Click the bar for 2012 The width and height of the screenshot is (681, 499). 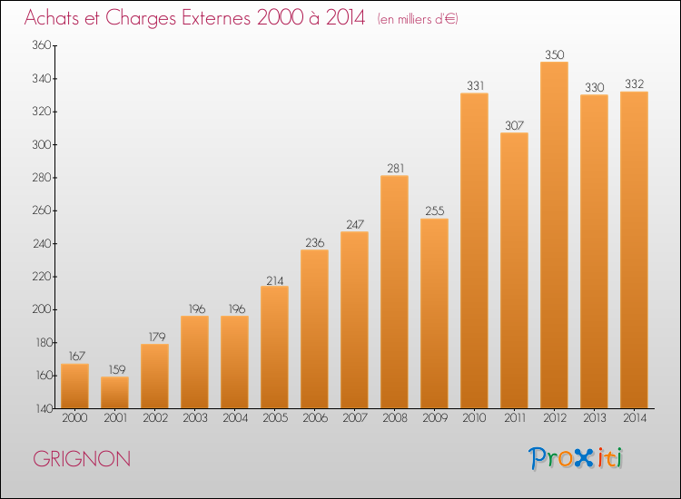(554, 235)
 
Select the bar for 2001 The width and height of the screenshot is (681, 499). (114, 392)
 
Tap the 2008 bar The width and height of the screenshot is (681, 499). (394, 291)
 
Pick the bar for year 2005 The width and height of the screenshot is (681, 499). (274, 347)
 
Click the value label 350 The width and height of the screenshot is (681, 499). (555, 54)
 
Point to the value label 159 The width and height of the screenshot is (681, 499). (117, 369)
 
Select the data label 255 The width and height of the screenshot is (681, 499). (435, 210)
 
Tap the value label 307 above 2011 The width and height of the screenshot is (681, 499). (515, 125)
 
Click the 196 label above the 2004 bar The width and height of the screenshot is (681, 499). (237, 309)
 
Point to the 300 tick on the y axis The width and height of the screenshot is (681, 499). (42, 144)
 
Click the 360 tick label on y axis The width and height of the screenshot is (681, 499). (42, 45)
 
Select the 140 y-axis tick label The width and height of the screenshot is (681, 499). (44, 409)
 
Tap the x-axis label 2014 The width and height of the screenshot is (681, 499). (635, 418)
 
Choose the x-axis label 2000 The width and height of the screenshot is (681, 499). (74, 418)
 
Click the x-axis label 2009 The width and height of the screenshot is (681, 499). (435, 418)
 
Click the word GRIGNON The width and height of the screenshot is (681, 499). (82, 459)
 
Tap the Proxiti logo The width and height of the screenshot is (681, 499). (576, 458)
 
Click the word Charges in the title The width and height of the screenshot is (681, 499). (141, 18)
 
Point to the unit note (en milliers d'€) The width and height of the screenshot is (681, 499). (418, 19)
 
